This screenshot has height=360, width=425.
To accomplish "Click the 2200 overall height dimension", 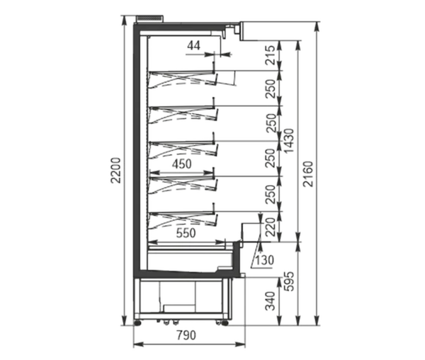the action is [x=115, y=170].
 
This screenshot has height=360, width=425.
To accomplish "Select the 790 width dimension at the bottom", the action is [x=186, y=335].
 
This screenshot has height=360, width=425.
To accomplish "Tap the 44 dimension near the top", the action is [x=194, y=45].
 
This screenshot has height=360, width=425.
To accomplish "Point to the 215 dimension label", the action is [x=270, y=55].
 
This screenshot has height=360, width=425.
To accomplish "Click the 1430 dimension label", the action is [x=289, y=141].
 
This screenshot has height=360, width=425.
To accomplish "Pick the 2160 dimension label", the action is [x=308, y=174].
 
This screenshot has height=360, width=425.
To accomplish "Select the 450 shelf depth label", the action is [x=182, y=164].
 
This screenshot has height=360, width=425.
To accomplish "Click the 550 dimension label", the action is [x=186, y=233].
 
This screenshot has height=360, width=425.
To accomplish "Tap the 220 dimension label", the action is [x=271, y=227].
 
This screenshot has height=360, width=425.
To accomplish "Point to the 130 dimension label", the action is [x=264, y=260].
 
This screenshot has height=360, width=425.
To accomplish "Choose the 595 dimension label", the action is [x=289, y=281].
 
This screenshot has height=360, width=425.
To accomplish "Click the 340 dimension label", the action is [x=271, y=301].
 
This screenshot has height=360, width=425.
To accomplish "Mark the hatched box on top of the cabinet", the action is [x=150, y=18].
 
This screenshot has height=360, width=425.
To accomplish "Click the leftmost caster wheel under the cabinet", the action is [x=137, y=322].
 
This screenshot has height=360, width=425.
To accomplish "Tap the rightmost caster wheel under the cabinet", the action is [x=225, y=322].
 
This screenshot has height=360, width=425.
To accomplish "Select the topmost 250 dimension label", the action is [x=271, y=89].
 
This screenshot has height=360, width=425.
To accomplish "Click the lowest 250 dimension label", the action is [x=271, y=194].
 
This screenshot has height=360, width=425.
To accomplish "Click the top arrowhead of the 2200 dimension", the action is [x=125, y=21].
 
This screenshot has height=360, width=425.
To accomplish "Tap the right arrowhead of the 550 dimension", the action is [x=220, y=241].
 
